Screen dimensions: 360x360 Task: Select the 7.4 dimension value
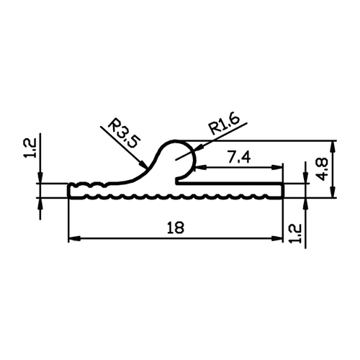pyautogui.click(x=239, y=158)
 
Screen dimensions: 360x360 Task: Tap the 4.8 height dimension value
pyautogui.click(x=322, y=169)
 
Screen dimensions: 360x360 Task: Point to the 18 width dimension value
pyautogui.click(x=176, y=228)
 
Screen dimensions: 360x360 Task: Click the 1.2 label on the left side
pyautogui.click(x=30, y=148)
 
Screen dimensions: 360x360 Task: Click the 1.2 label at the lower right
pyautogui.click(x=295, y=233)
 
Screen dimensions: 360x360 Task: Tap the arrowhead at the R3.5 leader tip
pyautogui.click(x=143, y=165)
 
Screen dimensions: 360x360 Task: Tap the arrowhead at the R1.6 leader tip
pyautogui.click(x=197, y=150)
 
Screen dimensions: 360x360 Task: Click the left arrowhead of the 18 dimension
pyautogui.click(x=73, y=238)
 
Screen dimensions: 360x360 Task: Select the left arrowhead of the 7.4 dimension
pyautogui.click(x=200, y=168)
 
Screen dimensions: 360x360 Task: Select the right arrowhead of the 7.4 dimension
pyautogui.click(x=278, y=168)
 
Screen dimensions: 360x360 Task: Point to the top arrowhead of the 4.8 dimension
pyautogui.click(x=333, y=146)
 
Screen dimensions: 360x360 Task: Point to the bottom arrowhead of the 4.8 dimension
pyautogui.click(x=333, y=192)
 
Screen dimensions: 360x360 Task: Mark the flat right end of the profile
pyautogui.click(x=283, y=191)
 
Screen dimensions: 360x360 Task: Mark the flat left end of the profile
pyautogui.click(x=69, y=191)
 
